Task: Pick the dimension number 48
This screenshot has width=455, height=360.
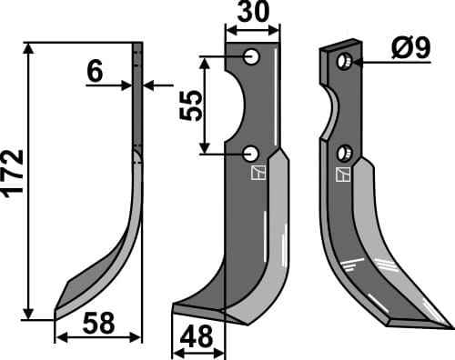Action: (x=197, y=337)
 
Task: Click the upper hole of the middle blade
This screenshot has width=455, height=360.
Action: (x=251, y=58)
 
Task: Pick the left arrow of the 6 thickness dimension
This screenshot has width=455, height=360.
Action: (x=128, y=85)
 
